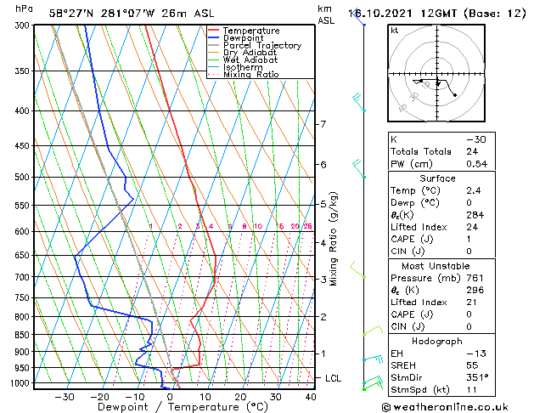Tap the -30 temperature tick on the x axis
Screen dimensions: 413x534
click(x=65, y=396)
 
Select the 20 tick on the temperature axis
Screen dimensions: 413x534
click(x=241, y=396)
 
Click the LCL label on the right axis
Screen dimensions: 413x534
click(x=334, y=377)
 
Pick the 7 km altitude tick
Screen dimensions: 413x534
click(x=323, y=124)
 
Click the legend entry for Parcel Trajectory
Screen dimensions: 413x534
click(x=261, y=46)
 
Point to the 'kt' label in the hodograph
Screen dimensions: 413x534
click(x=395, y=31)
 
